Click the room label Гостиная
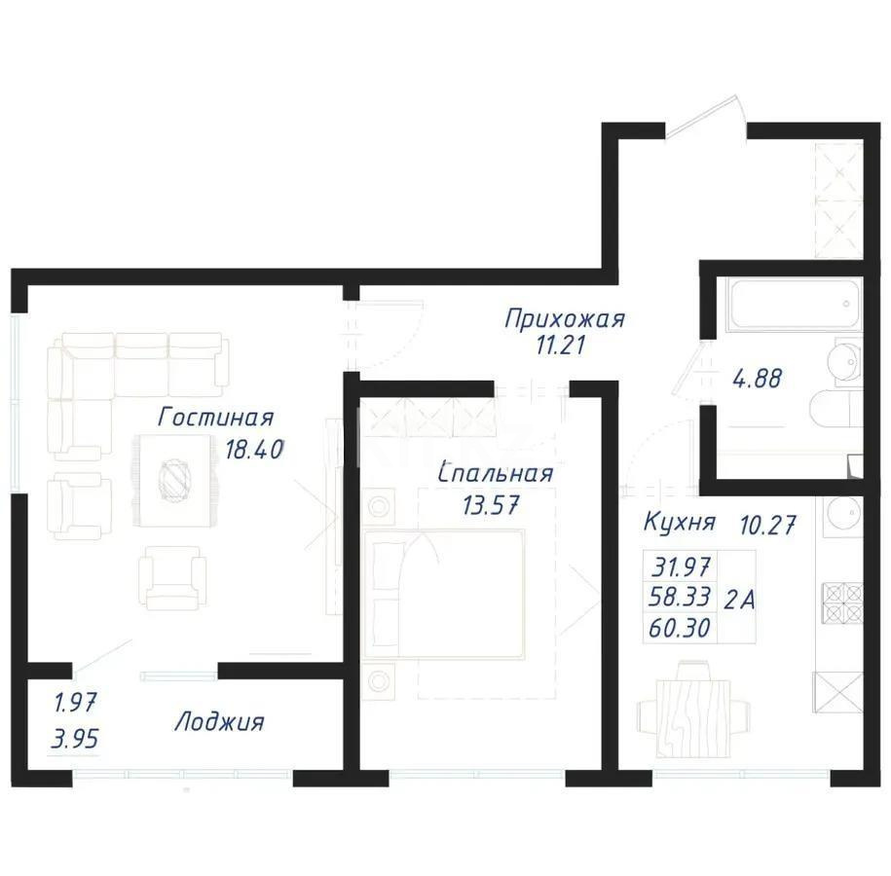[215, 418]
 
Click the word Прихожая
[564, 318]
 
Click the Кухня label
[679, 522]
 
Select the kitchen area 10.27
[768, 526]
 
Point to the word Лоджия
[219, 722]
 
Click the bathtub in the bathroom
[792, 306]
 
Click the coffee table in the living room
[177, 479]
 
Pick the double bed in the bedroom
[448, 594]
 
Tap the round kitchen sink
[843, 513]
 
